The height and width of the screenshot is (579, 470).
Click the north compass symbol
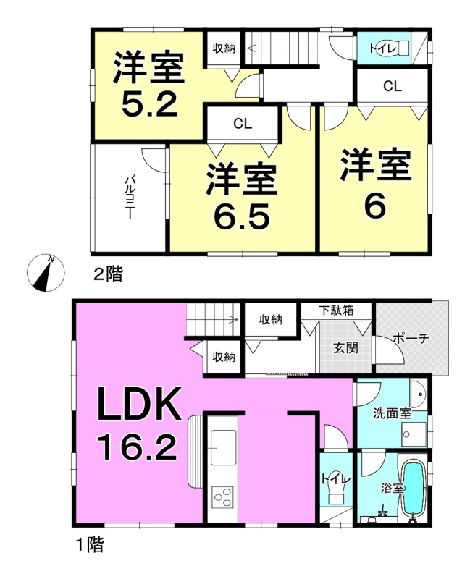point(46,273)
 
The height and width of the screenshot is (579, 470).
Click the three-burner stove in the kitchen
point(223,497)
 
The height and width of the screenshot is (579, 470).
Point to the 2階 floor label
point(107,274)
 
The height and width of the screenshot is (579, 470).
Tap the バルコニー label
point(130,198)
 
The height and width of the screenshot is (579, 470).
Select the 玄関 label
point(345,347)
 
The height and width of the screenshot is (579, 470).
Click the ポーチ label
point(411,338)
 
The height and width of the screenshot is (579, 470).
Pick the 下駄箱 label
point(336,310)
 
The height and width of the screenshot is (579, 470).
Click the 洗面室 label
point(392,413)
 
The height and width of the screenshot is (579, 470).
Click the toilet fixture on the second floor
point(395,48)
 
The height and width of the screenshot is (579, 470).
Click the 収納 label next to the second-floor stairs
point(224,48)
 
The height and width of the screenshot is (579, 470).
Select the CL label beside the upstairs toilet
point(393,86)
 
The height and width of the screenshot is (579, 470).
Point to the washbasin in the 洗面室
point(419,394)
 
